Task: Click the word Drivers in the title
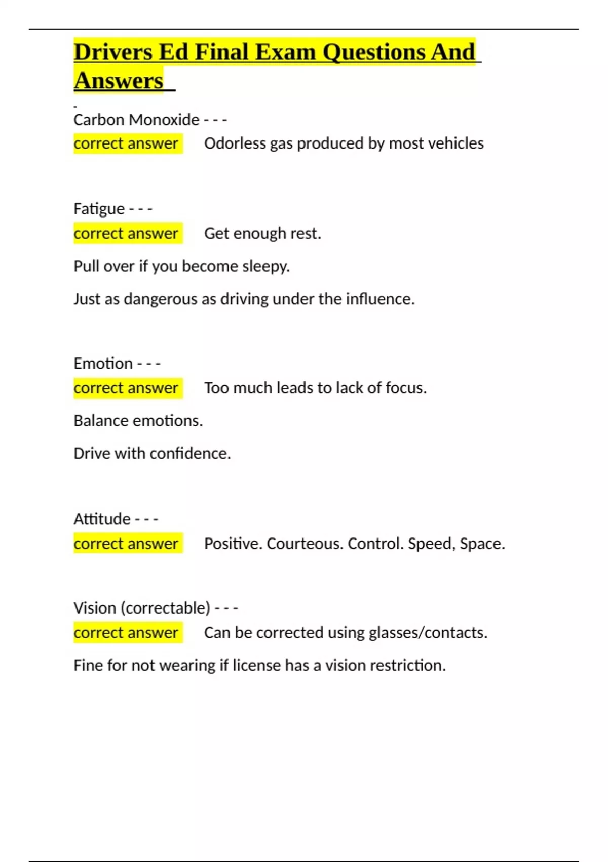click(112, 52)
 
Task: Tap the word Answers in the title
click(119, 81)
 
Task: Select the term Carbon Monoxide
click(136, 120)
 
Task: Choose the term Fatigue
click(99, 209)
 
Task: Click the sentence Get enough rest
click(262, 233)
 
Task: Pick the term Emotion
click(103, 364)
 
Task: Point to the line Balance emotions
click(138, 421)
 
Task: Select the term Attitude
click(102, 519)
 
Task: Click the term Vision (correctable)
click(141, 608)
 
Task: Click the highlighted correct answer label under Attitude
click(126, 544)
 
